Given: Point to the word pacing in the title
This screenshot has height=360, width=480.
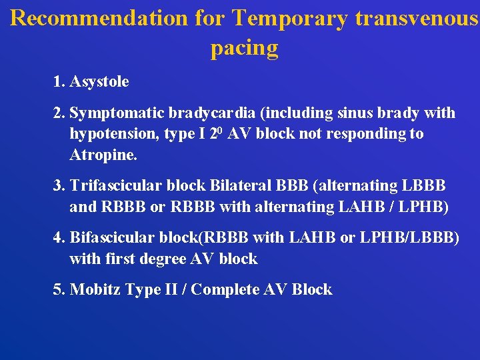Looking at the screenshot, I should pos(244,47).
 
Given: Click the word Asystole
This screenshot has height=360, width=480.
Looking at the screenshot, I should pos(99,82).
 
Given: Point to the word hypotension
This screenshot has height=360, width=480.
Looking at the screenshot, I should pos(111,134).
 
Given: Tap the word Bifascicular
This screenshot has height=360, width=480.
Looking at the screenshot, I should pos(114,237).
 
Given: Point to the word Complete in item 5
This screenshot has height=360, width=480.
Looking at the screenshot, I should pos(223,290).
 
